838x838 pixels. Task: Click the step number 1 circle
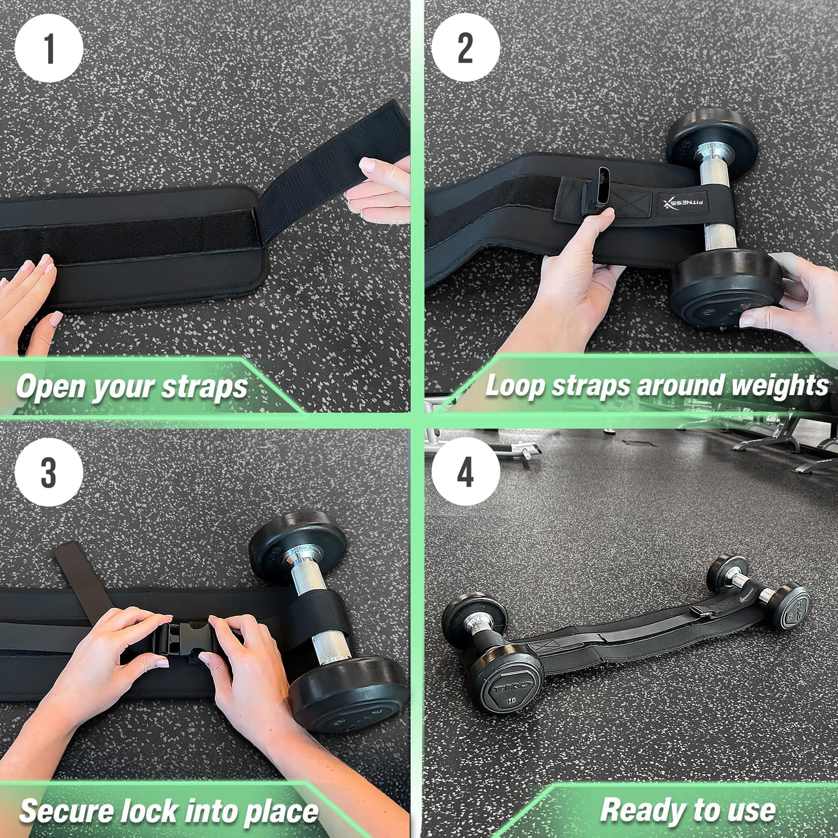(x=49, y=48)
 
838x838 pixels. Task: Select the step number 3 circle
(x=49, y=473)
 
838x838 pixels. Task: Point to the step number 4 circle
(x=465, y=472)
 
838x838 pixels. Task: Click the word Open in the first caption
(x=51, y=387)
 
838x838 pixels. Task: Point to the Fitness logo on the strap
(x=684, y=202)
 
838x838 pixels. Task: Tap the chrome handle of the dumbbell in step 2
(x=717, y=197)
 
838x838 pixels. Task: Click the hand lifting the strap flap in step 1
(x=380, y=188)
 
